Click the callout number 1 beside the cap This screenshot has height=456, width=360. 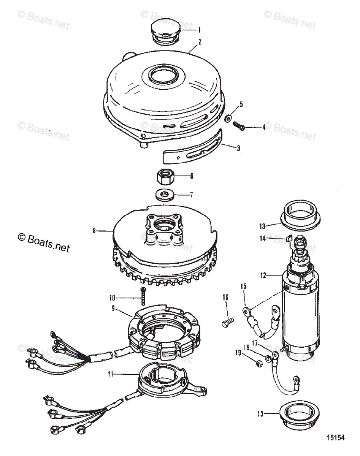(200, 30)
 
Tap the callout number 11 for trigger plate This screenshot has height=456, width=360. (110, 374)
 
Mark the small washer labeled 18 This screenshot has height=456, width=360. (268, 358)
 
